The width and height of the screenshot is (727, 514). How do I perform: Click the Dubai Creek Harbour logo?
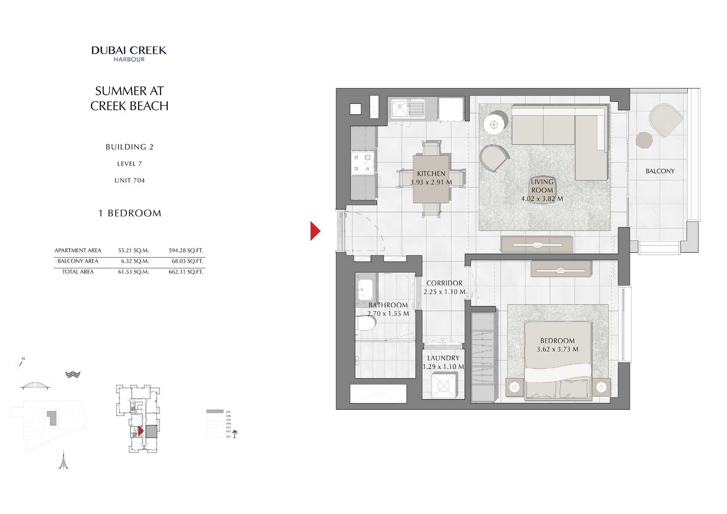pos(129,54)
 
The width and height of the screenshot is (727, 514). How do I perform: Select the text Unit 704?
pos(129,180)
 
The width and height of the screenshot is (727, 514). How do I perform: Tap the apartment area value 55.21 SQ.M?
pos(133,250)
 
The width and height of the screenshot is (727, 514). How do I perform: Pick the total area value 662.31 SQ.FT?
pos(185,272)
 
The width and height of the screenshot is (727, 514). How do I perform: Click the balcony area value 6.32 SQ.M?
pos(135,261)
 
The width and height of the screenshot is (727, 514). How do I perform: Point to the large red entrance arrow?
pos(315,231)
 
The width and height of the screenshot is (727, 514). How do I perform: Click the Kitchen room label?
pos(431,173)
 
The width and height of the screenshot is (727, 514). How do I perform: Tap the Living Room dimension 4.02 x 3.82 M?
pos(542,199)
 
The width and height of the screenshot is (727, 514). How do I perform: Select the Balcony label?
pos(660,171)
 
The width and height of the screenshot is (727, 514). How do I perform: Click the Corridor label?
pos(444,283)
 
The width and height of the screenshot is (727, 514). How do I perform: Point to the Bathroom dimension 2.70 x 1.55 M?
pos(388,314)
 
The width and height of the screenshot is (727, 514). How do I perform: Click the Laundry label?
pos(443,358)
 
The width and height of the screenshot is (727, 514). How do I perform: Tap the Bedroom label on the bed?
pos(557,341)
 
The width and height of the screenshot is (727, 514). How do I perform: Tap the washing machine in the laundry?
pos(443,385)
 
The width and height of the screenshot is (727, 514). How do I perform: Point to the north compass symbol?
pos(20,363)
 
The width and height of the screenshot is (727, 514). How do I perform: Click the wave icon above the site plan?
pos(73,374)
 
